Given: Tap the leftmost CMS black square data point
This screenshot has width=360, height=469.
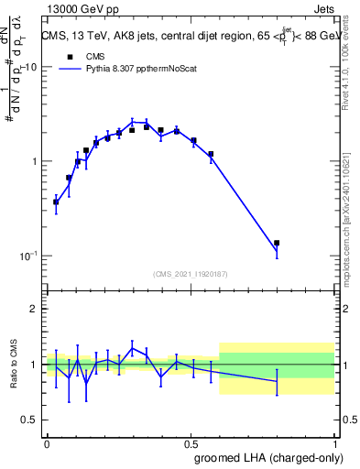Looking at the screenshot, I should coord(56,201).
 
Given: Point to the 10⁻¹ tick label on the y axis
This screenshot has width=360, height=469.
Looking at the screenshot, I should coord(29,256).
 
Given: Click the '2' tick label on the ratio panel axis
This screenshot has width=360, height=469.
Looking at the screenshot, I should coord(35,309).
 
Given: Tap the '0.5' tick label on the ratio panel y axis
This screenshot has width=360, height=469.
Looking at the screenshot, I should coord(29,420).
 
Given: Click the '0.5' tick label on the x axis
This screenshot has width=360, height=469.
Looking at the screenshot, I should coord(191,442).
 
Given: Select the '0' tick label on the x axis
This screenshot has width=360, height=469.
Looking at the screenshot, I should coord(48,442).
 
